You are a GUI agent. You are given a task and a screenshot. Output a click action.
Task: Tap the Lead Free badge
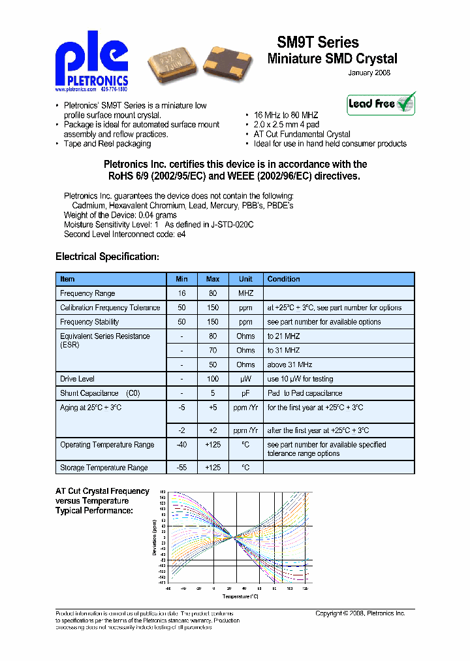click(381, 104)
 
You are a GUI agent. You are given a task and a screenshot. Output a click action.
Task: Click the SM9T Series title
click(318, 43)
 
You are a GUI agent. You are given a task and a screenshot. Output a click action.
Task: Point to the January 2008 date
click(369, 73)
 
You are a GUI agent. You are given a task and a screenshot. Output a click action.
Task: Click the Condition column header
click(284, 279)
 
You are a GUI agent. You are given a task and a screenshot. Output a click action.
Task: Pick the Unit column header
click(245, 279)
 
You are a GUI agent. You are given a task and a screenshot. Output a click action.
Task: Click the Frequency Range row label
click(87, 293)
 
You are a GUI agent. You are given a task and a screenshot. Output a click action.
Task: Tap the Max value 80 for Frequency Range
click(213, 293)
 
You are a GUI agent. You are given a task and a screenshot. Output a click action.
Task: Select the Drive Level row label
click(78, 379)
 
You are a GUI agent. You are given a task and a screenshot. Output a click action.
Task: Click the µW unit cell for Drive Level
click(245, 379)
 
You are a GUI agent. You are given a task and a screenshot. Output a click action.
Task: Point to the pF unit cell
click(245, 393)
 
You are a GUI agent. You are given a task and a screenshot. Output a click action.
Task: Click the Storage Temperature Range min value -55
click(181, 468)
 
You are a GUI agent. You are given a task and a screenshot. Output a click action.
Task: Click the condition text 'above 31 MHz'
click(290, 364)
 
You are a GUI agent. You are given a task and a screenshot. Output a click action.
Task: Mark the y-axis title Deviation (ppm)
click(155, 538)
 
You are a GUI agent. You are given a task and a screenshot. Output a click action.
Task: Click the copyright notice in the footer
click(360, 613)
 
